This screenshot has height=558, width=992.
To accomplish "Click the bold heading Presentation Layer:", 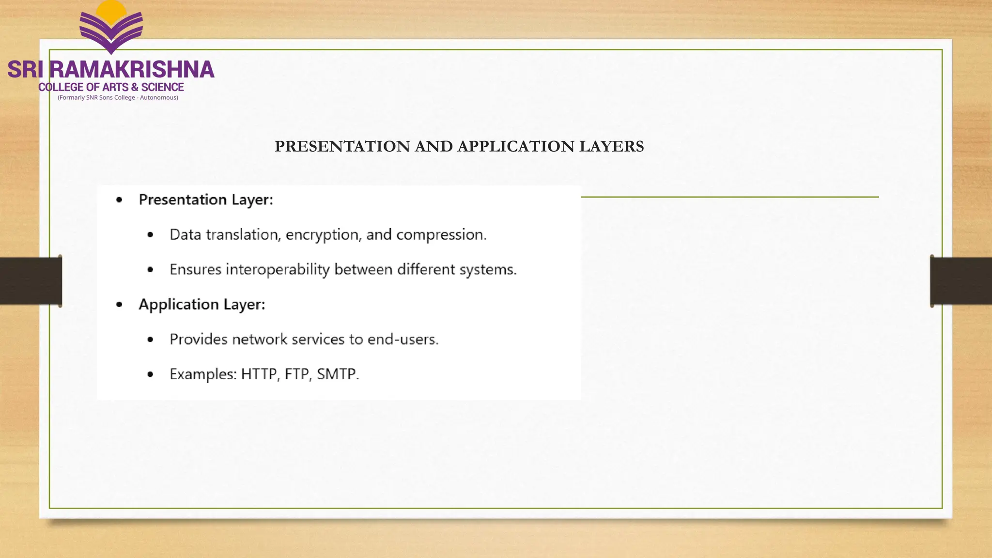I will click(206, 200).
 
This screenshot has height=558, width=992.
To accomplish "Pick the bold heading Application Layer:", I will click(201, 304).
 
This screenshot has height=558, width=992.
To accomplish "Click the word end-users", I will click(403, 339).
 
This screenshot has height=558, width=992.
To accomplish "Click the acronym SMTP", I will click(338, 374).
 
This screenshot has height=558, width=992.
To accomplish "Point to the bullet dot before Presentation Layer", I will click(119, 200).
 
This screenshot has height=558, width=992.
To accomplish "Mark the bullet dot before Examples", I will click(150, 374).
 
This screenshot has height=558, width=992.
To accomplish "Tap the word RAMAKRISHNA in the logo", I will click(132, 70).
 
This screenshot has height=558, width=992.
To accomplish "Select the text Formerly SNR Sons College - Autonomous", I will click(118, 97).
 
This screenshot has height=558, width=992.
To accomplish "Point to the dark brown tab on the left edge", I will click(31, 281).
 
